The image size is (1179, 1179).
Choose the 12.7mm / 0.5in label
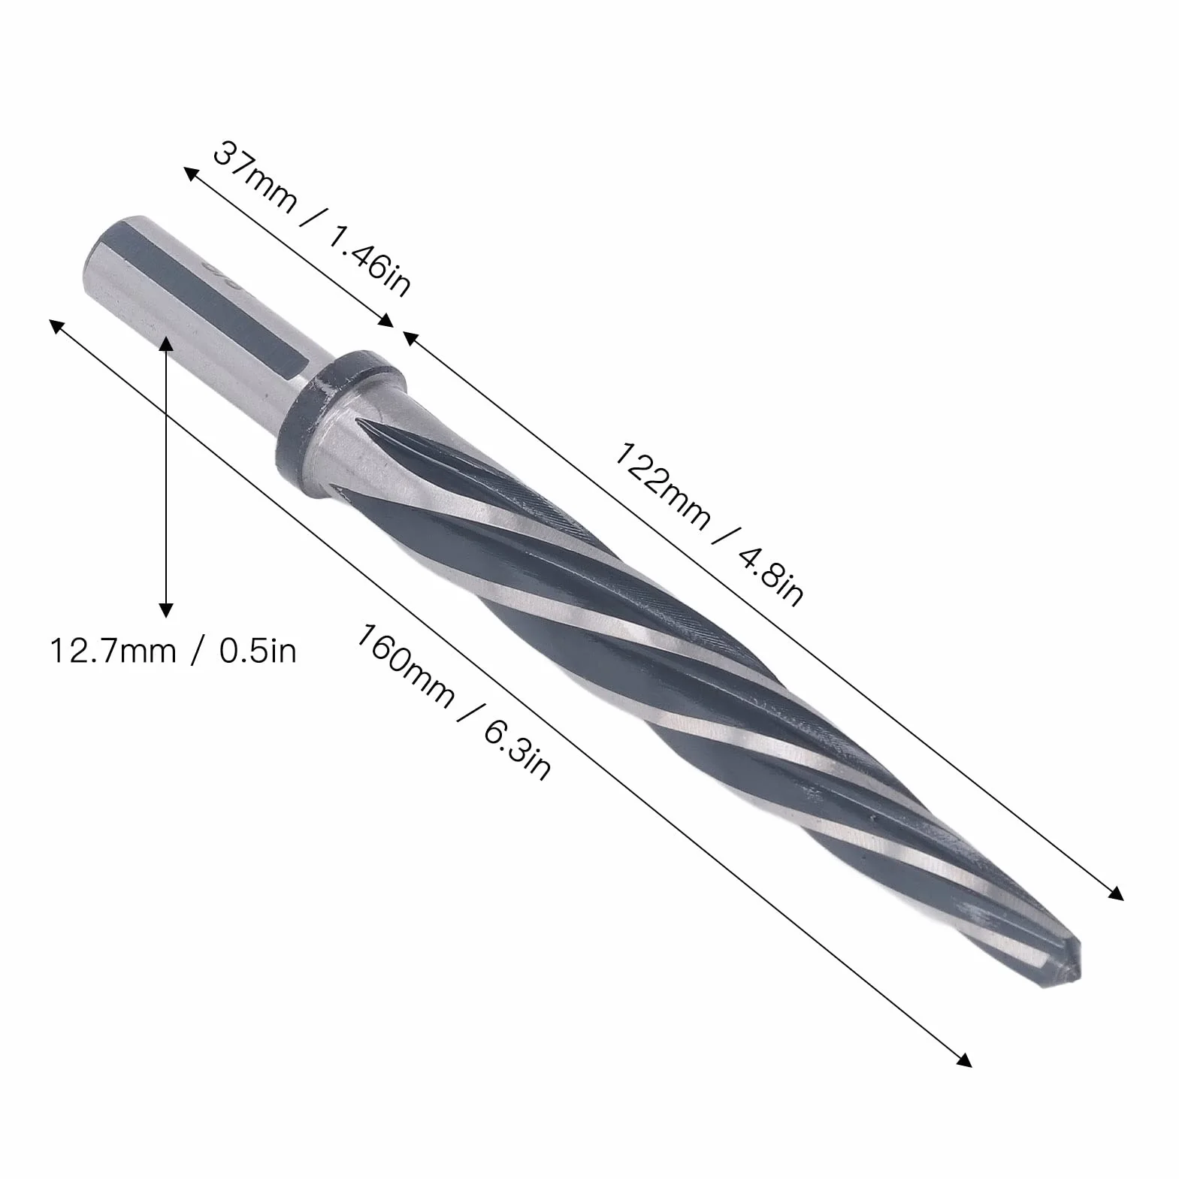coord(174,650)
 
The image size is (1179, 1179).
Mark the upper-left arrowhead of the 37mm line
coord(192,175)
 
